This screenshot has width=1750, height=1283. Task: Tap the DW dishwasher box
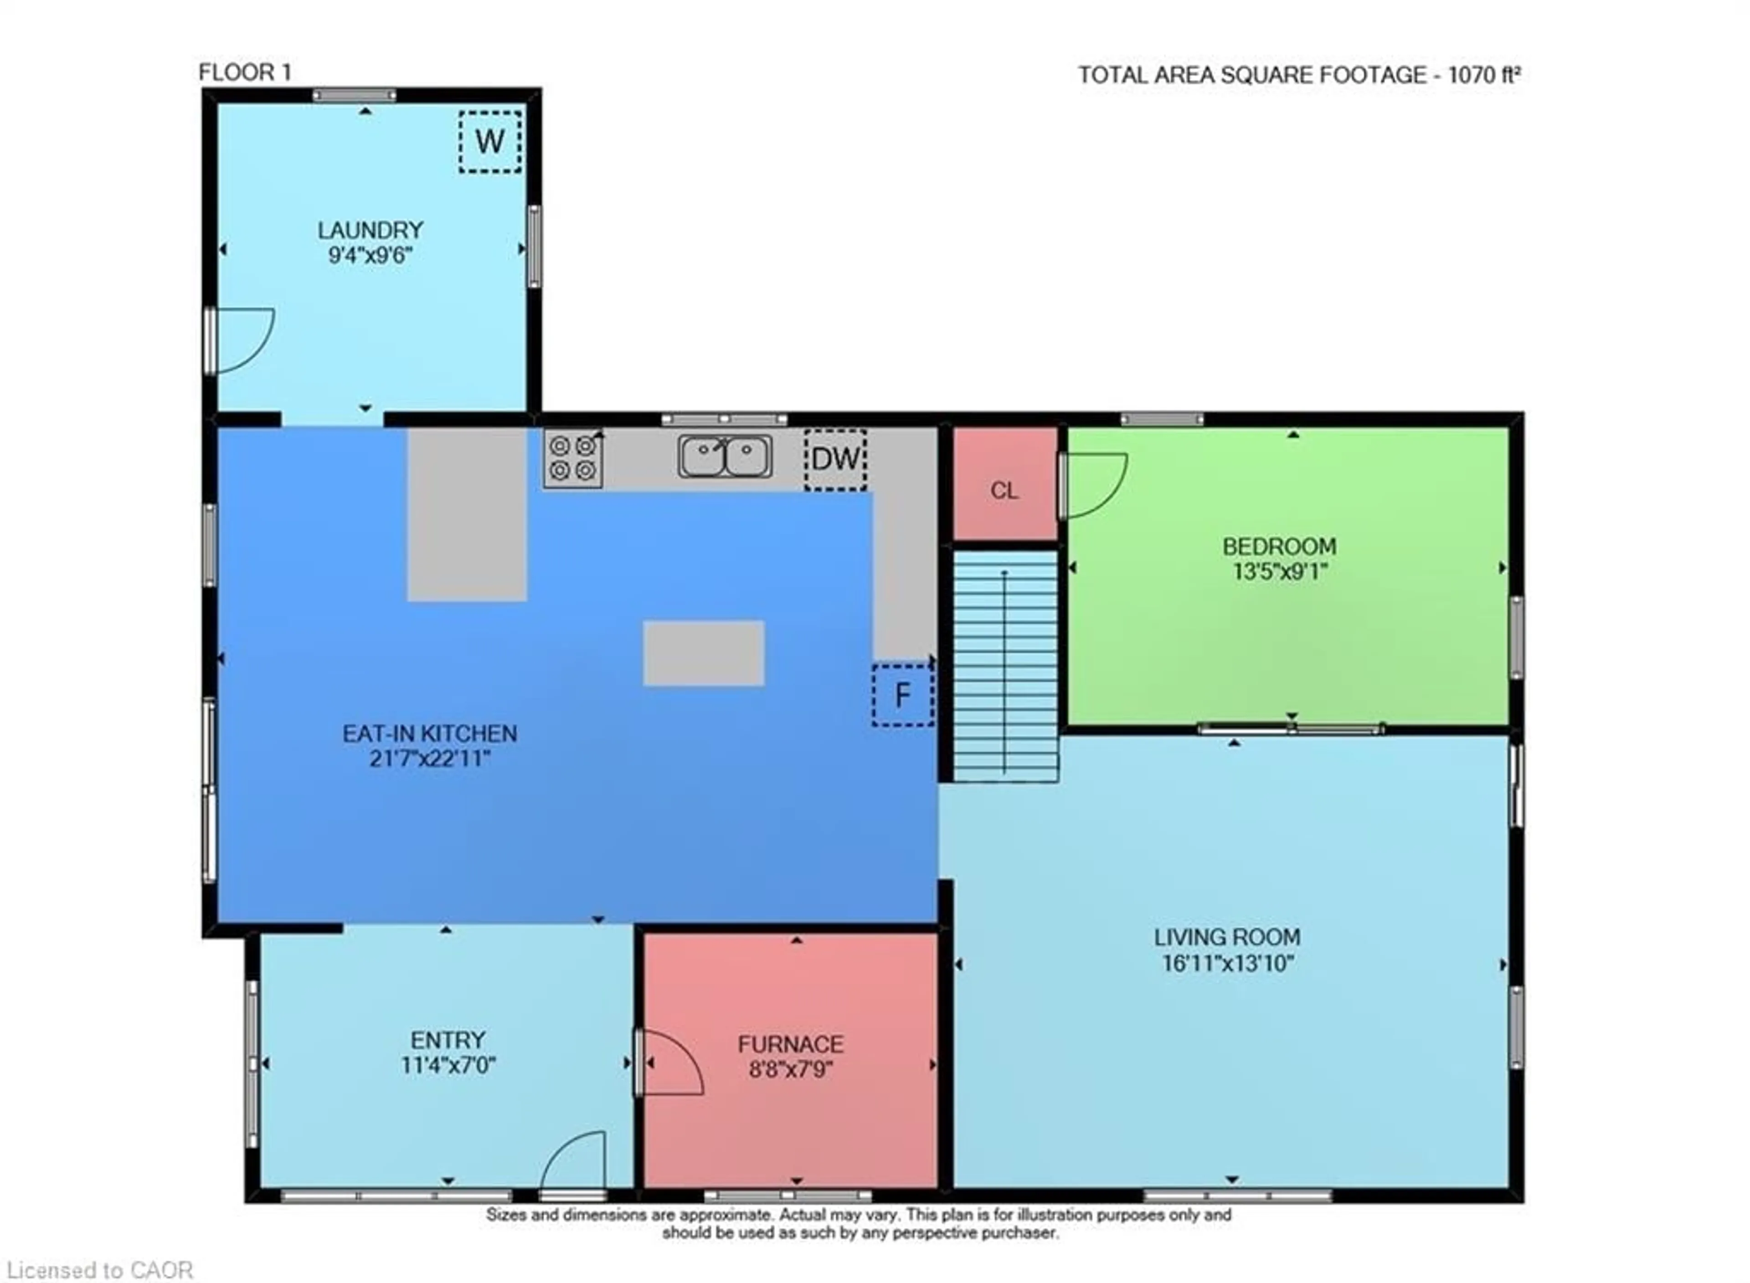point(835,459)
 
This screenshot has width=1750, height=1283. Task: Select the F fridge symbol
point(902,695)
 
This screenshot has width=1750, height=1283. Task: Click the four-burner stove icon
point(572,459)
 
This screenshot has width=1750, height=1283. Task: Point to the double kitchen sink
point(725,456)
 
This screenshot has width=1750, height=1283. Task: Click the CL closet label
point(1004,491)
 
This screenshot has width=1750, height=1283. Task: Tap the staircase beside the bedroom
point(1005,666)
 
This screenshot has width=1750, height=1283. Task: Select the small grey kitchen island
point(703,652)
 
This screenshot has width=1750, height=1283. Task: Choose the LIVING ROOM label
point(1226,937)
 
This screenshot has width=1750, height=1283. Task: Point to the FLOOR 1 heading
point(245,73)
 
